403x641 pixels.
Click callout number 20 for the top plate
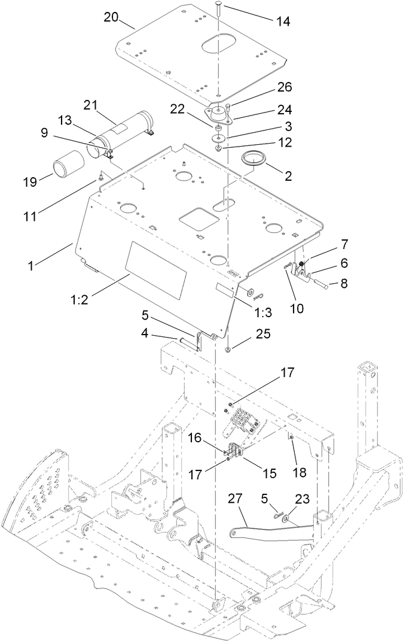[x=111, y=17]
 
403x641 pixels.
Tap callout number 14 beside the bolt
[x=282, y=21]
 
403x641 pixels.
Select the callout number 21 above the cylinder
[x=90, y=105]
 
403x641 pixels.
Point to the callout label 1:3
[x=263, y=312]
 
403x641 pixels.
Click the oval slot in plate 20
[x=221, y=45]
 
